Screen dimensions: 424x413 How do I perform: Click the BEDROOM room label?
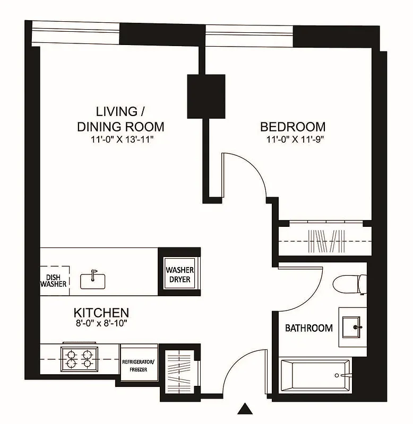click(x=292, y=127)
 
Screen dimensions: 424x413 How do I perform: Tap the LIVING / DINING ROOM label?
click(x=121, y=119)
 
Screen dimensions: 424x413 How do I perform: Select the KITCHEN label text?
click(x=101, y=312)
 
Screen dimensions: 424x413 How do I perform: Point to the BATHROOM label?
click(x=309, y=328)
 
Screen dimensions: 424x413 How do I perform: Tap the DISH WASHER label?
click(x=54, y=279)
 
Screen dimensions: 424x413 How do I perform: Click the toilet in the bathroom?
click(x=348, y=284)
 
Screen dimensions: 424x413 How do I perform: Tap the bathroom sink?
click(x=352, y=327)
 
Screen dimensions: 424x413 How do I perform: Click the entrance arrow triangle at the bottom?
click(x=244, y=409)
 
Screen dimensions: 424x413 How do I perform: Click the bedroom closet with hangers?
click(x=323, y=241)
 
